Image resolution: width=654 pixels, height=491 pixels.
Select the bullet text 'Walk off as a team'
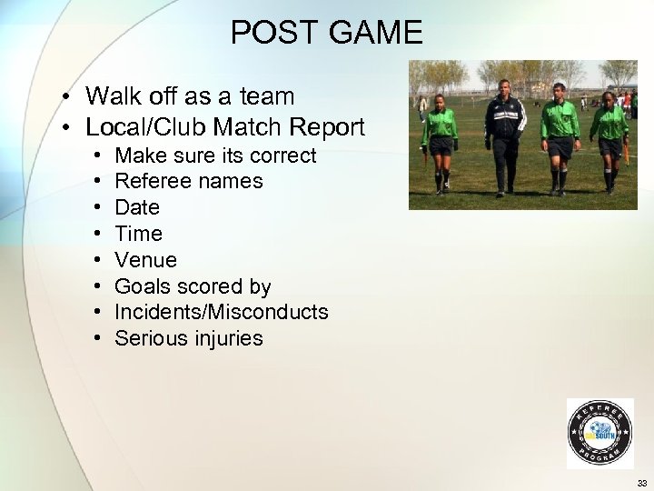190,95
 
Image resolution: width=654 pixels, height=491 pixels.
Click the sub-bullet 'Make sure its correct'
215,155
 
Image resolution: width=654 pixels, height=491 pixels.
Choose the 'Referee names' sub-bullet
189,181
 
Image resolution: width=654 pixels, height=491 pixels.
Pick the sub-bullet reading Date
137,207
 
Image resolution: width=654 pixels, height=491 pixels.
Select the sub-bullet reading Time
138,234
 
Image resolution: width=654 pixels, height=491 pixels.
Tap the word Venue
145,260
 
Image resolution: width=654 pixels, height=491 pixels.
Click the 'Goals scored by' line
193,286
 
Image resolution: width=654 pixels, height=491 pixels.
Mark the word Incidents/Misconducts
222,312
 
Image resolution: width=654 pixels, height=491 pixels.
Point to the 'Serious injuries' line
189,338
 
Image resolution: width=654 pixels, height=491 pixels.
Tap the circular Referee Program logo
599,434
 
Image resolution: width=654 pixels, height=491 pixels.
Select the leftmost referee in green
440,141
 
